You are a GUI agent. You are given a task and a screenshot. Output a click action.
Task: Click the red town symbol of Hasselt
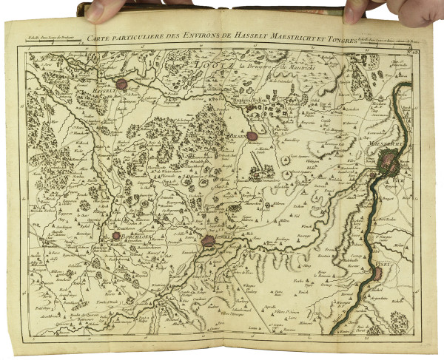coord(133,84)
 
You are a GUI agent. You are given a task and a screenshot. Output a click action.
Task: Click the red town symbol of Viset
coord(379,274)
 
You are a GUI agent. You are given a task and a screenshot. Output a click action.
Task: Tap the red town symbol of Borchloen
coord(115,236)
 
